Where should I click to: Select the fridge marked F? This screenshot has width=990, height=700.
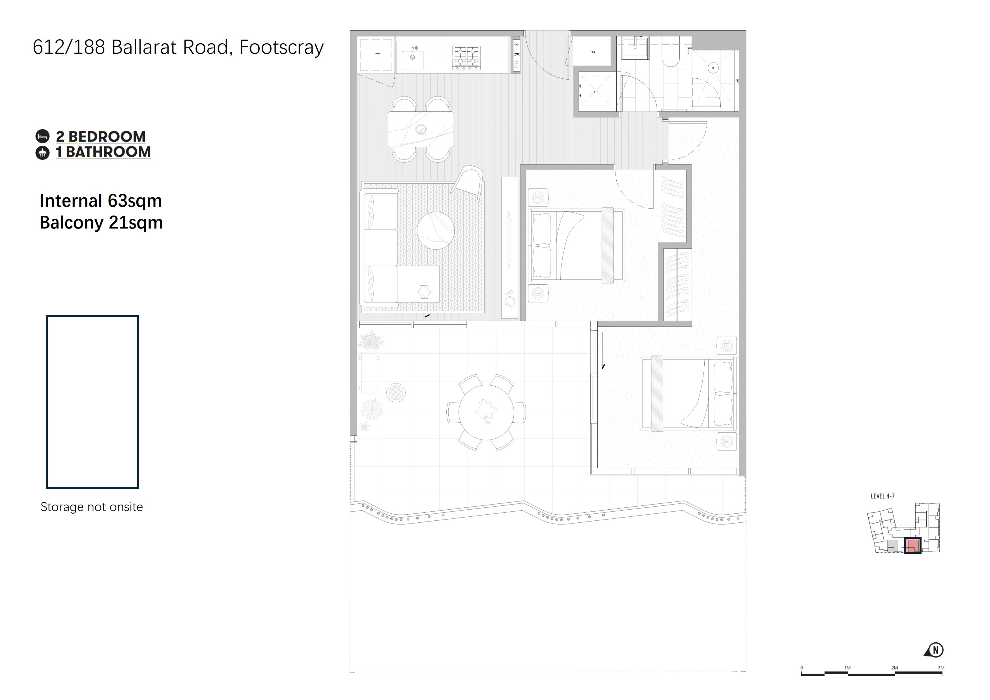(376, 55)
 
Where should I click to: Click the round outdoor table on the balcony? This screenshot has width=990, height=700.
(487, 412)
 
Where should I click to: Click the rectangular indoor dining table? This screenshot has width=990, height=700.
(421, 129)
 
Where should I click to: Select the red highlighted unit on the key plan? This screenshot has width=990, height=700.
(912, 546)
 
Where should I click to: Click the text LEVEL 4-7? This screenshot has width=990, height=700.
(883, 496)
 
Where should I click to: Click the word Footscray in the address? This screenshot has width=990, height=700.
(281, 48)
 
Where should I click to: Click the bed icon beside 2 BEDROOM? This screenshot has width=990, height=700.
(42, 137)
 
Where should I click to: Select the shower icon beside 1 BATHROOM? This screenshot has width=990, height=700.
(42, 153)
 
